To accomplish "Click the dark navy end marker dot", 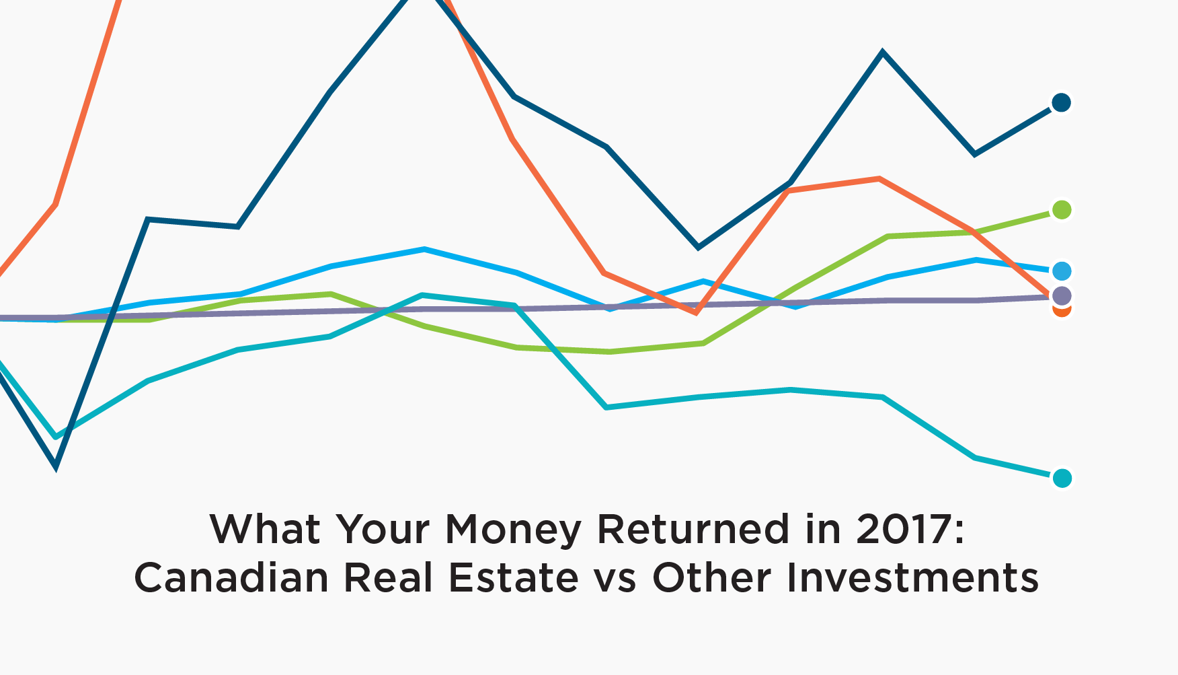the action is click(1061, 103).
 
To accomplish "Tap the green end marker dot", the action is click(1062, 210).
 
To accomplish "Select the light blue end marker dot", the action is click(1062, 271).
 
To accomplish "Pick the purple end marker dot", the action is click(1062, 295).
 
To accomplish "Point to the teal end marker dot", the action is click(1062, 478).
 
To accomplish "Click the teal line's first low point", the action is click(56, 437).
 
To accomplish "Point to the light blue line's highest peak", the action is click(424, 250).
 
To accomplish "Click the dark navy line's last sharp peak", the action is click(882, 52).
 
